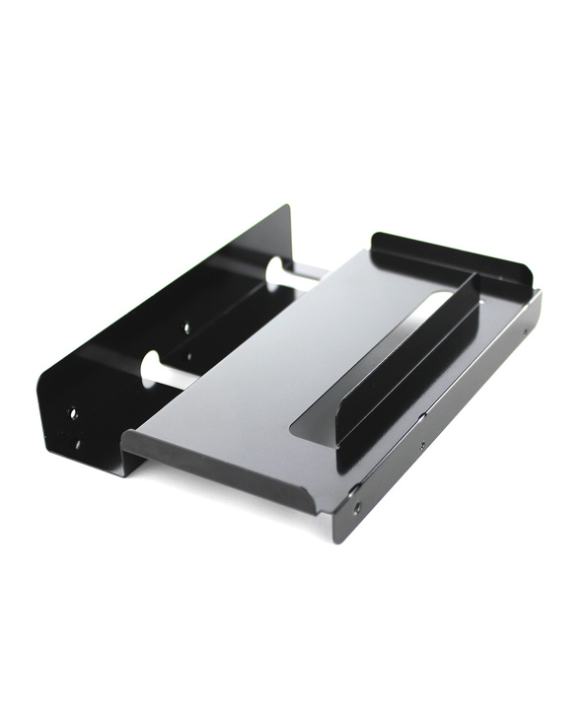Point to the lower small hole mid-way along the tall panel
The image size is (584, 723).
[189, 355]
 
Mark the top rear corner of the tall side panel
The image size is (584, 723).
[286, 208]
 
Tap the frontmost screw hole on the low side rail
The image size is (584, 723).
[357, 507]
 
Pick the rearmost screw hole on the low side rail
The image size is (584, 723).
[524, 332]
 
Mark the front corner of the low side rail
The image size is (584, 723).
[340, 538]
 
